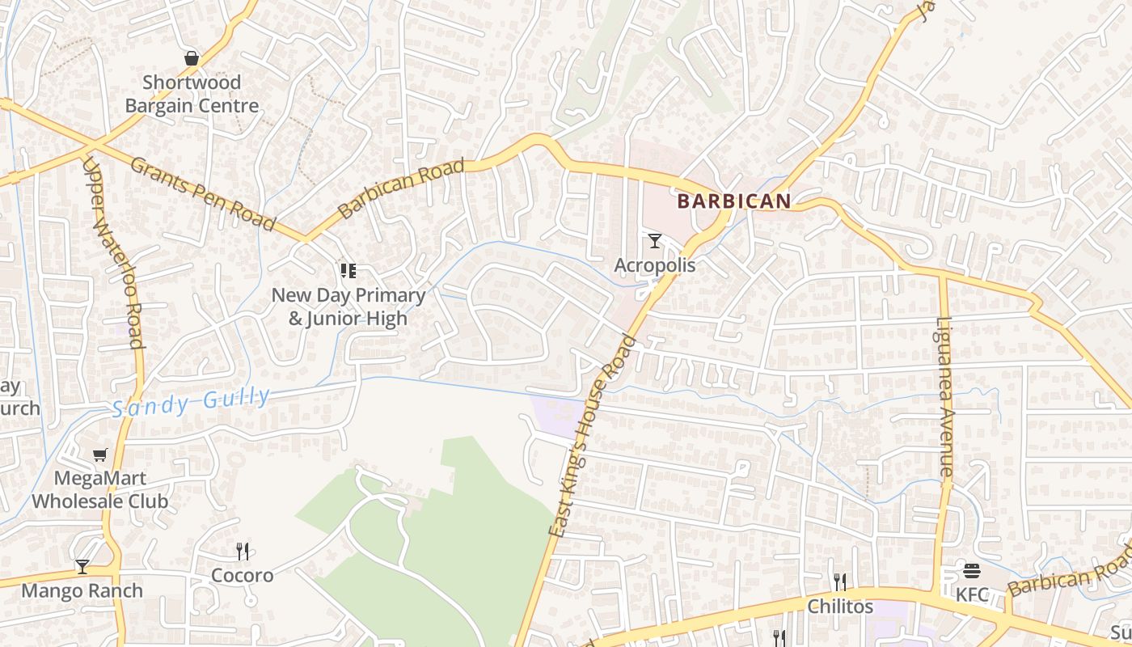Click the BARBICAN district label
pyautogui.click(x=734, y=201)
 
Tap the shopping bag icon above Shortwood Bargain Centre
pyautogui.click(x=192, y=58)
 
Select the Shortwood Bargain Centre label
pyautogui.click(x=192, y=94)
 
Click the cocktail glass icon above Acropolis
pyautogui.click(x=655, y=241)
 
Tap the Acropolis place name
pyautogui.click(x=655, y=265)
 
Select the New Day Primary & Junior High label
pyautogui.click(x=348, y=307)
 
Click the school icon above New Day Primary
pyautogui.click(x=348, y=271)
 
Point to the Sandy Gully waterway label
pyautogui.click(x=191, y=402)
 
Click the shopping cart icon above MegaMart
pyautogui.click(x=100, y=455)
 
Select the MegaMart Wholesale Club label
pyautogui.click(x=100, y=489)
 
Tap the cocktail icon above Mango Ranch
pyautogui.click(x=82, y=566)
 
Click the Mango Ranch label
pyautogui.click(x=82, y=591)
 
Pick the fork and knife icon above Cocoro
pyautogui.click(x=243, y=552)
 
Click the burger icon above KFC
pyautogui.click(x=972, y=572)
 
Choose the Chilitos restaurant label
pyautogui.click(x=841, y=607)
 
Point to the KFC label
pyautogui.click(x=972, y=595)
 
